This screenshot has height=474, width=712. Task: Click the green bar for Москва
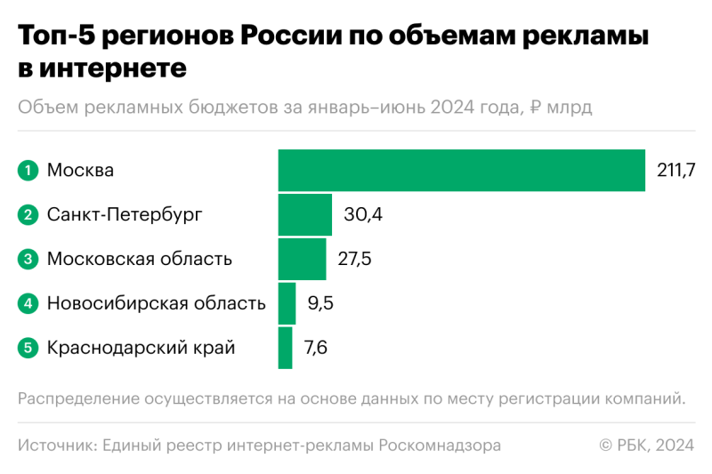tap(461, 170)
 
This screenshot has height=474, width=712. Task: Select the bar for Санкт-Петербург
tap(304, 214)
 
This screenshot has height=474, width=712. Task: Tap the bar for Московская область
tap(302, 259)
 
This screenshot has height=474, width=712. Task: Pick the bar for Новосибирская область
tap(287, 303)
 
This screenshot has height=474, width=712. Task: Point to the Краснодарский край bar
tap(285, 348)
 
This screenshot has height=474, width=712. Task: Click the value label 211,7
tap(676, 170)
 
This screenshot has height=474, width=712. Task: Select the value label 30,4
tap(363, 214)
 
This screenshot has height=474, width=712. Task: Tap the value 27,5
tap(354, 259)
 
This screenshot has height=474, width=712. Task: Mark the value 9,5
tap(320, 303)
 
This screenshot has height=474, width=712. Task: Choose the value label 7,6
tap(316, 348)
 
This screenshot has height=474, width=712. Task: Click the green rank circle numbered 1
tap(28, 170)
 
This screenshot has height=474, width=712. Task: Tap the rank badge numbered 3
tap(28, 259)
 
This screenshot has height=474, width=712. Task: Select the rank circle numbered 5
tap(28, 348)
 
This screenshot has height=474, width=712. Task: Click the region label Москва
tap(80, 170)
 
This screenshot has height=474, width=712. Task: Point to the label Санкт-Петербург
tap(125, 214)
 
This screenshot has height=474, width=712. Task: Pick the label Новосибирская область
tap(156, 303)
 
